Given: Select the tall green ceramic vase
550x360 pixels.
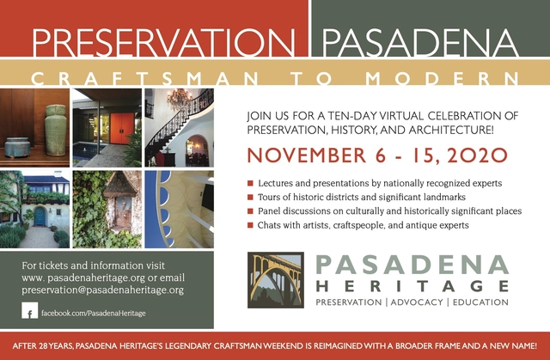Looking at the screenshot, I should click(x=56, y=129).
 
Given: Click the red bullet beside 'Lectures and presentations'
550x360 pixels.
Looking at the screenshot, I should click(x=250, y=184).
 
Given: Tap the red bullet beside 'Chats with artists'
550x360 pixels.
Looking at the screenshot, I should click(x=250, y=225).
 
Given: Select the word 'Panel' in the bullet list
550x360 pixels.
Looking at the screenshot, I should click(x=272, y=211).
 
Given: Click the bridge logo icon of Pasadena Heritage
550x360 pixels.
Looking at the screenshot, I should click(x=274, y=279).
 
